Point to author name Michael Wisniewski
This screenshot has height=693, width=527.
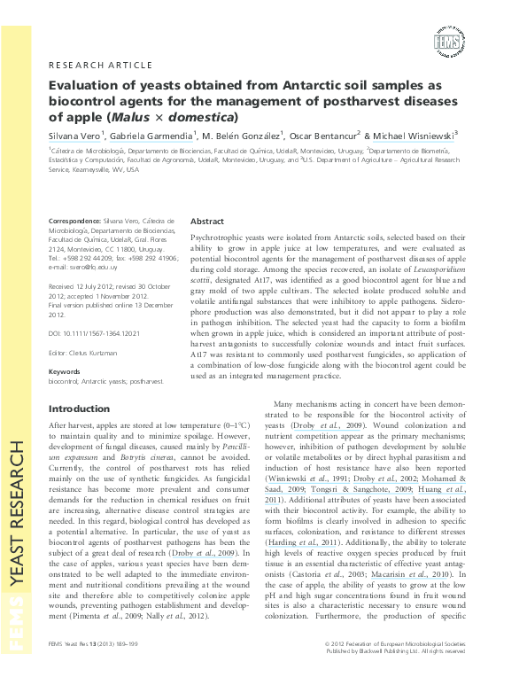[410, 135]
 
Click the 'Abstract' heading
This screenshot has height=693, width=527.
[207, 221]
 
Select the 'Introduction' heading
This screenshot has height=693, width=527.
[80, 409]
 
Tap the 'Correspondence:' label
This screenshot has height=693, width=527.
[74, 219]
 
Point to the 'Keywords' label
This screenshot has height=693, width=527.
[65, 371]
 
